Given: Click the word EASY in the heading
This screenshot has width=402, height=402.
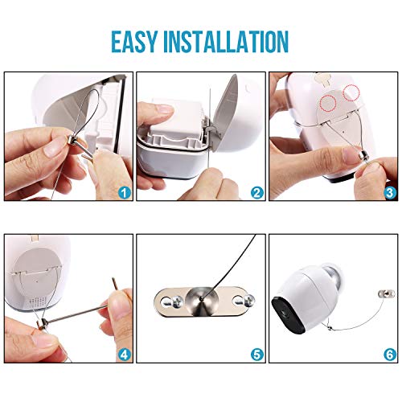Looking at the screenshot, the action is click(x=134, y=42).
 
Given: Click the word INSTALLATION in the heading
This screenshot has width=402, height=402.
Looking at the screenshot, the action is click(x=226, y=42).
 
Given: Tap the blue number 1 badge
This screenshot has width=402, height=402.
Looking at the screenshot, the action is click(x=125, y=192).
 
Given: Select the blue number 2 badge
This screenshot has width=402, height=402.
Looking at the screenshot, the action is click(x=257, y=192).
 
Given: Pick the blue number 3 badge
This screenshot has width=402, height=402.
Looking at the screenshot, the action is click(x=390, y=192).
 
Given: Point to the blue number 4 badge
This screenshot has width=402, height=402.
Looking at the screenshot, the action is click(x=125, y=355).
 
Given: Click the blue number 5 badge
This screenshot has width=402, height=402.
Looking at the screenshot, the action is click(x=257, y=355).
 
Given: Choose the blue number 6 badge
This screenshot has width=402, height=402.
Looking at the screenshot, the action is click(x=390, y=355).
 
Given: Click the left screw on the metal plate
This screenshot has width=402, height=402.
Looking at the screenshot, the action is click(x=176, y=301).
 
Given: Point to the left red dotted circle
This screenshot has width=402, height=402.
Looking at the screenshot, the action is click(x=329, y=103).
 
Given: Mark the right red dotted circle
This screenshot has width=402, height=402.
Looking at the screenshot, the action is click(x=351, y=92).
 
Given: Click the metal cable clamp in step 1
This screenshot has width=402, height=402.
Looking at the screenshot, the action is click(x=73, y=139).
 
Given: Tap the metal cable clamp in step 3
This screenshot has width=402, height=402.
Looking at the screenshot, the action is click(x=364, y=155).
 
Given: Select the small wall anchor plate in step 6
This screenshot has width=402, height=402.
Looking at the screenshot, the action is click(x=386, y=293).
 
